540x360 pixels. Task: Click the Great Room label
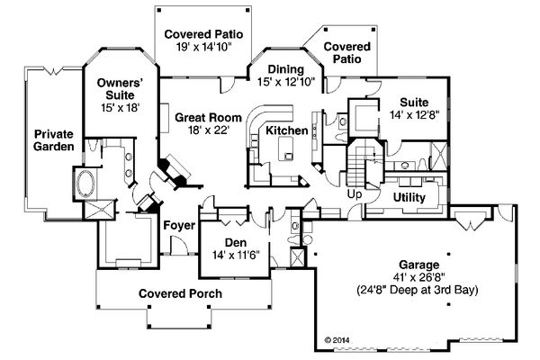click(x=209, y=118)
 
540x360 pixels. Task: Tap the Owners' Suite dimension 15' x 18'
click(x=121, y=107)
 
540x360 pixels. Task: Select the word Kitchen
click(x=287, y=130)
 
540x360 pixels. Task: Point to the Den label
click(x=236, y=242)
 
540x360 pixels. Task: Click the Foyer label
click(x=179, y=226)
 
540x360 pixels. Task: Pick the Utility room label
click(x=409, y=197)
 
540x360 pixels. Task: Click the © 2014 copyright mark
click(x=337, y=340)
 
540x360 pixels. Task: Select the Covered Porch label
click(x=180, y=293)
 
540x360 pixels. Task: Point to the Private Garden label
click(x=53, y=139)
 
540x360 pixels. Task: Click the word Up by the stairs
click(x=355, y=194)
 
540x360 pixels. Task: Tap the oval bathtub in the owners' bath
click(x=85, y=184)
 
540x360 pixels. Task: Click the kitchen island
click(x=285, y=148)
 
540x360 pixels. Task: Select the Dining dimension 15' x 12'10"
click(x=286, y=82)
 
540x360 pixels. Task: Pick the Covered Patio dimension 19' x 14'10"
click(x=203, y=47)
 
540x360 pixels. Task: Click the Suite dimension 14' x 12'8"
click(x=415, y=114)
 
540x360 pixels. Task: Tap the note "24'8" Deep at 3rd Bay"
click(x=418, y=290)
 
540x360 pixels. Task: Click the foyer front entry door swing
click(x=179, y=246)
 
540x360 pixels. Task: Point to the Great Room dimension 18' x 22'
click(x=209, y=130)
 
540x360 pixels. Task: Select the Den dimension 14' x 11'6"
click(x=236, y=255)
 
